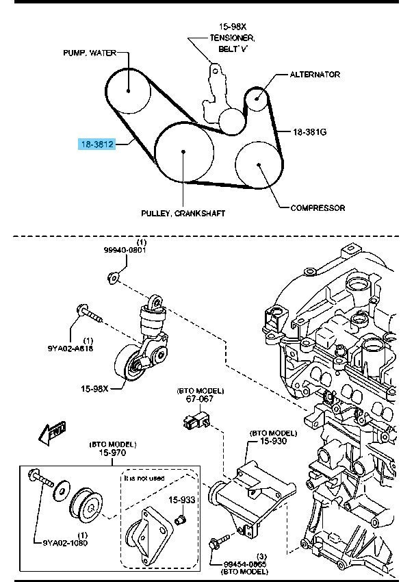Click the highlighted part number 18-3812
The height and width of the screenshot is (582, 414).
click(96, 144)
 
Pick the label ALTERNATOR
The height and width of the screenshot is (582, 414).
click(315, 74)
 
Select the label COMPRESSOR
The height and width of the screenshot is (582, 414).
click(318, 207)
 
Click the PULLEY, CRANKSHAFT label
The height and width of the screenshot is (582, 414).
click(183, 214)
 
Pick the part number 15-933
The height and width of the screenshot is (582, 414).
click(183, 500)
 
